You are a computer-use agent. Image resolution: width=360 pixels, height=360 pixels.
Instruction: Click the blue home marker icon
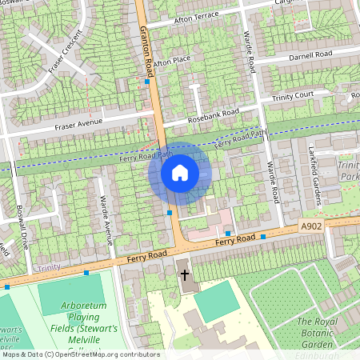180,172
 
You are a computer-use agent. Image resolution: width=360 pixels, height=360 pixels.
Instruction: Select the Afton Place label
172,61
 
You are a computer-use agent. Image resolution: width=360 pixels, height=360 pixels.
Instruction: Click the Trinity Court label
293,96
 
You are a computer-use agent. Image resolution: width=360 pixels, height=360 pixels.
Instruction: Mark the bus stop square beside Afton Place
147,81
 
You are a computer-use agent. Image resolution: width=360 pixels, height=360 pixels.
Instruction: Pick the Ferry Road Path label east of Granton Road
242,141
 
